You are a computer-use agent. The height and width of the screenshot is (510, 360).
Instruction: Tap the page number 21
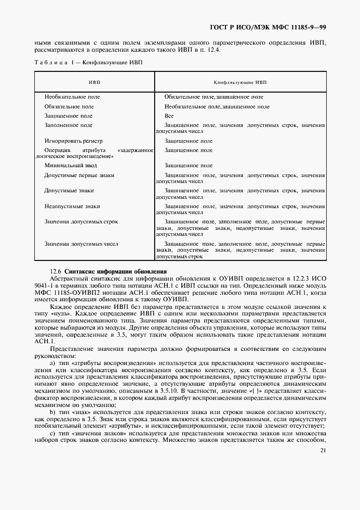click(x=322, y=450)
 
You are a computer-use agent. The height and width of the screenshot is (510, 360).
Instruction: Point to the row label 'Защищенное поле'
click(x=69, y=116)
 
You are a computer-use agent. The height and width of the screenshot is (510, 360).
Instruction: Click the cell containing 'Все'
click(x=169, y=116)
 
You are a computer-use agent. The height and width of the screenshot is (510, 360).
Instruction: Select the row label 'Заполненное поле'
click(x=69, y=125)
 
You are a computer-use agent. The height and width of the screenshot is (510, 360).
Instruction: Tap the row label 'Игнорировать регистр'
click(x=74, y=141)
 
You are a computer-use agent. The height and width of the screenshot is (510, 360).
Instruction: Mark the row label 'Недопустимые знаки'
click(x=72, y=207)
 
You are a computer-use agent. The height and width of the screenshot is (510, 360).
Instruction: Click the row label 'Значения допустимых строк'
click(x=81, y=222)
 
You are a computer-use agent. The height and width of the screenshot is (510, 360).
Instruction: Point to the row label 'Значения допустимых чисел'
click(x=81, y=244)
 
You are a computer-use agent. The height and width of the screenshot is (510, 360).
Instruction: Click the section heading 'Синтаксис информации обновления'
click(x=115, y=271)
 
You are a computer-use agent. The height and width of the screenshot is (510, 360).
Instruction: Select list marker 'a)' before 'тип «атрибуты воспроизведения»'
click(x=53, y=363)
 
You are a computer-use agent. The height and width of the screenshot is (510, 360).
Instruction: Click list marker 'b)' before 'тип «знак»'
click(x=53, y=412)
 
